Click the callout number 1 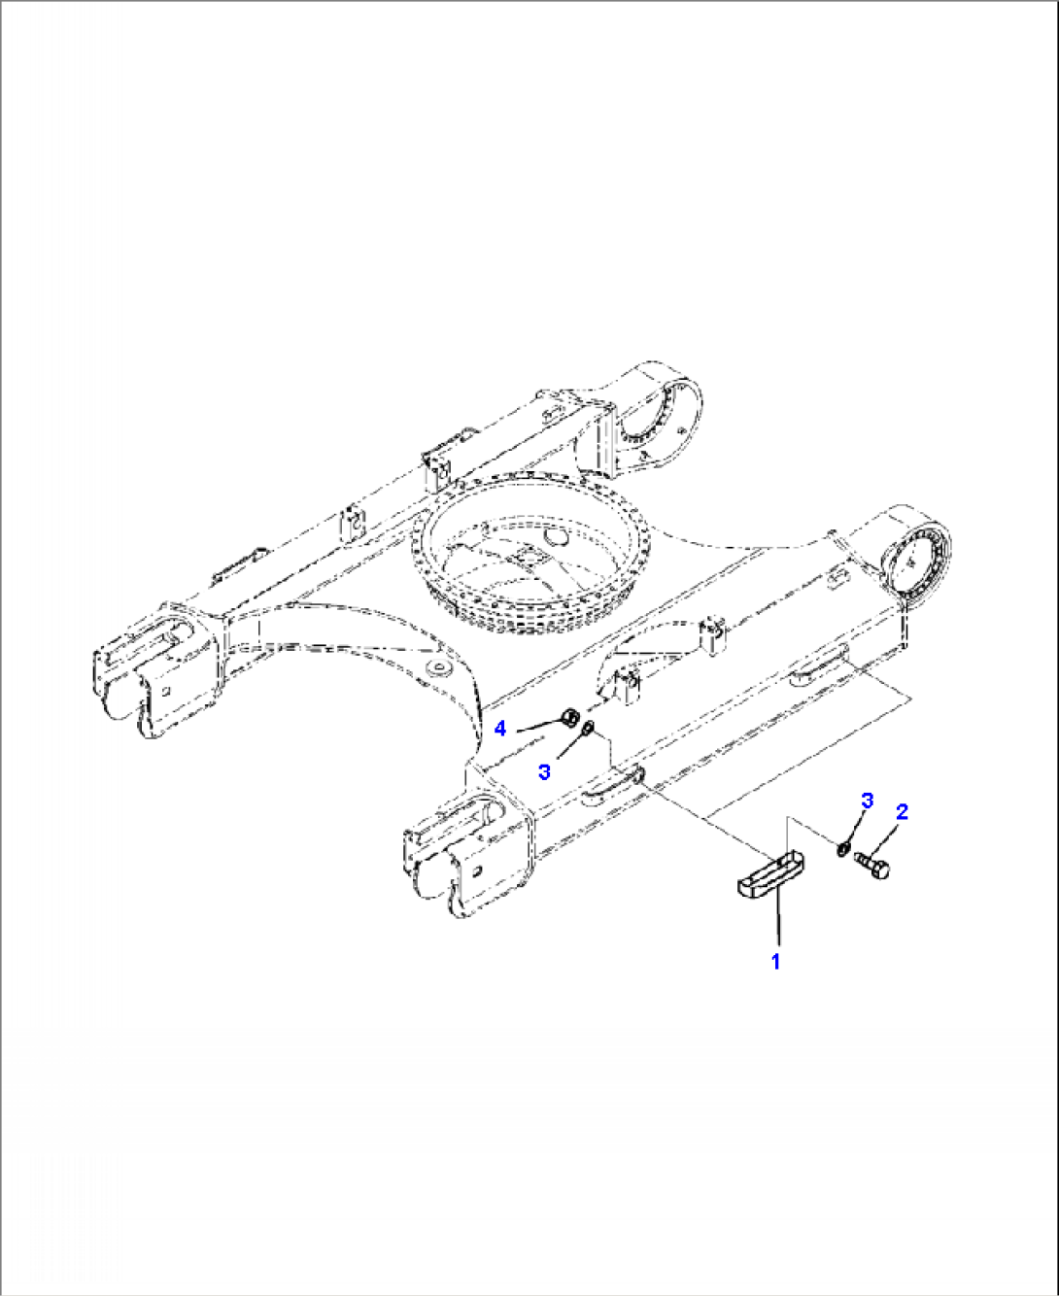pos(775,962)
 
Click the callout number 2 pos(902,812)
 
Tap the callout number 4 pos(500,728)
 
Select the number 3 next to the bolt pos(868,801)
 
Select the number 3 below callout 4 pos(545,771)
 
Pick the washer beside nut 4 pos(588,730)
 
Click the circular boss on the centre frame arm pos(441,669)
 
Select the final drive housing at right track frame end pos(917,564)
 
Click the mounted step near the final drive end pos(819,666)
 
